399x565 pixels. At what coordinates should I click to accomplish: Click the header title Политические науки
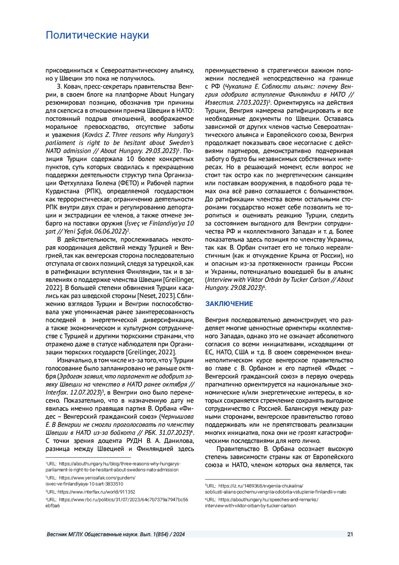click(97, 35)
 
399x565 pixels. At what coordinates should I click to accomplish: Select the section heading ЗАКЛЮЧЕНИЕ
click(229, 304)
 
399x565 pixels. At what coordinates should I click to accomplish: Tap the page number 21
click(350, 534)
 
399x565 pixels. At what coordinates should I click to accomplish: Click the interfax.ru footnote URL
click(96, 492)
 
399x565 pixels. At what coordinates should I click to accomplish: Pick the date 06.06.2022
click(109, 231)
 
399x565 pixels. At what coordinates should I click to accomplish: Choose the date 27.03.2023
click(250, 103)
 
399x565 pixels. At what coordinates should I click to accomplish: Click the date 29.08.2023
click(246, 288)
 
